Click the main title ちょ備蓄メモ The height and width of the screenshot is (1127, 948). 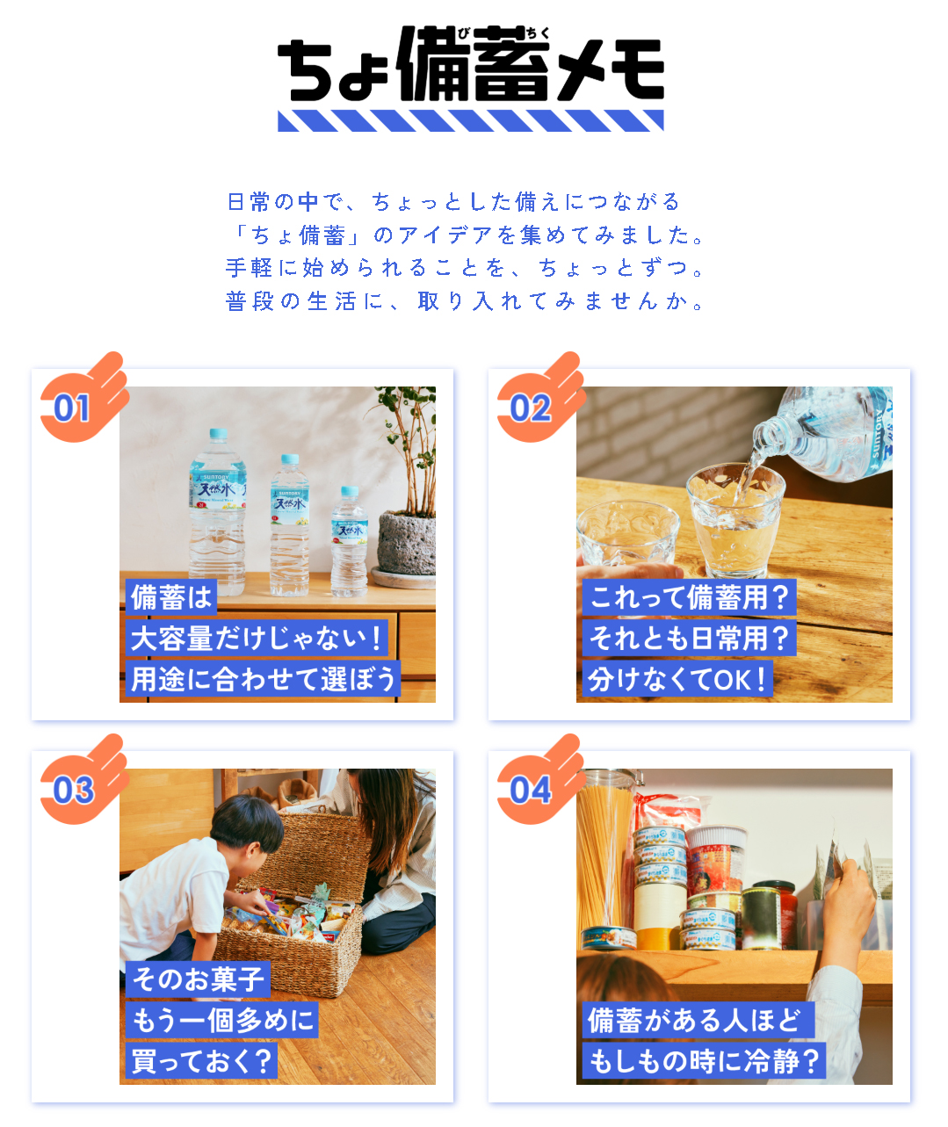[x=470, y=63]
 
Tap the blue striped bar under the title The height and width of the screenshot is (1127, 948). [x=470, y=120]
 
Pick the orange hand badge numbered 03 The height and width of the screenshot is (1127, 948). [x=83, y=781]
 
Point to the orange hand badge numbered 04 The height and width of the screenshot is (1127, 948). [x=540, y=781]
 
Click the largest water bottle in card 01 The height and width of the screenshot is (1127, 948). [x=218, y=512]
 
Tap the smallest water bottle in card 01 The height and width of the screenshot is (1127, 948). [x=349, y=541]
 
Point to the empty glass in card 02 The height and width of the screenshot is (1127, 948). [x=627, y=534]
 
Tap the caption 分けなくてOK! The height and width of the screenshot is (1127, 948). [x=677, y=679]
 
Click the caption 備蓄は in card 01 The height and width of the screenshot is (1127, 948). [x=171, y=597]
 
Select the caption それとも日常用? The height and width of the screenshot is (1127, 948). [x=689, y=638]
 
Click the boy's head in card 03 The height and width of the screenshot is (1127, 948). [x=247, y=824]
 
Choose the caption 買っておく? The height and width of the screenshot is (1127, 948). [x=201, y=1061]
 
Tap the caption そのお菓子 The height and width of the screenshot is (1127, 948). [x=199, y=979]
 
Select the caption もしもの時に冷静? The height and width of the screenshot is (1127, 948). [x=704, y=1061]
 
